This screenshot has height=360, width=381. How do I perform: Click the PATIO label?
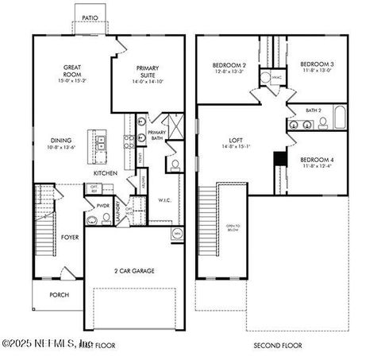click(x=90, y=17)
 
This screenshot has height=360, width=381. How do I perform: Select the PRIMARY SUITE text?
click(x=148, y=72)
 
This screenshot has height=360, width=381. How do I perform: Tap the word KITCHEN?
click(x=106, y=172)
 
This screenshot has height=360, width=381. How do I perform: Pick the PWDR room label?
click(x=102, y=204)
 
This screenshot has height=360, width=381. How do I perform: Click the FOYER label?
click(x=70, y=237)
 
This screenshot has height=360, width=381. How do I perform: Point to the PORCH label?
click(x=59, y=295)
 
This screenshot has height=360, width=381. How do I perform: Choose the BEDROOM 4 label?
click(x=317, y=160)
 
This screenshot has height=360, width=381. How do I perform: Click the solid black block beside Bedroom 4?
click(x=279, y=159)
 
